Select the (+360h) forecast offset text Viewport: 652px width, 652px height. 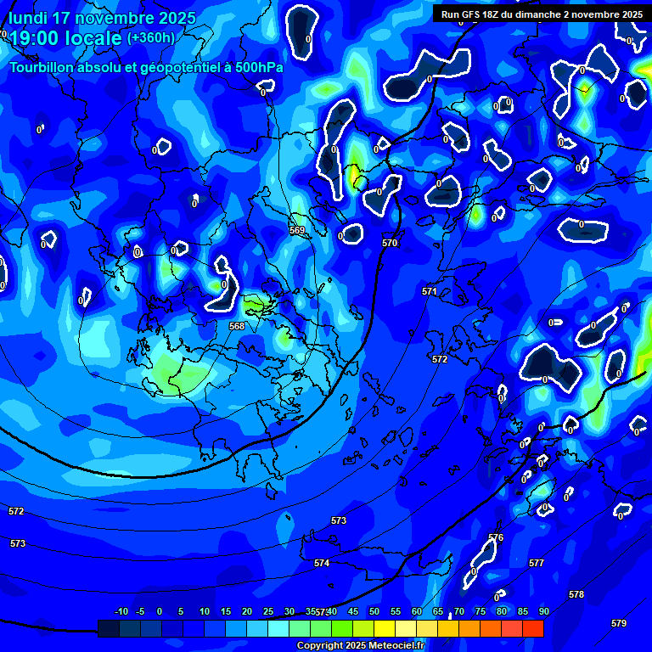[x=151, y=37]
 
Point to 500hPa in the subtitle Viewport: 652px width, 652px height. [x=257, y=67]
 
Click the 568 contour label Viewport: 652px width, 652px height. [x=237, y=326]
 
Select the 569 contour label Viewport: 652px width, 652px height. [x=297, y=230]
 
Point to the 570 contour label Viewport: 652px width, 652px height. [x=390, y=243]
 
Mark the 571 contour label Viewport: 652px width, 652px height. [x=430, y=291]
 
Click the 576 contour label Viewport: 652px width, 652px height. [x=496, y=537]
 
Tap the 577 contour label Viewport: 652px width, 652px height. [x=537, y=563]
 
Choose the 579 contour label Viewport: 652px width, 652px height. [x=619, y=623]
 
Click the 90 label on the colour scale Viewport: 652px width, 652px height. [x=543, y=611]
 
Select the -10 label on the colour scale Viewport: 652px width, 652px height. [x=121, y=611]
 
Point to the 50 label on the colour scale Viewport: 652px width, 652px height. [x=374, y=611]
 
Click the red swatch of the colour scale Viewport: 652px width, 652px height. [x=533, y=628]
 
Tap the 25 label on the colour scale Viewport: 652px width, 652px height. [x=268, y=611]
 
